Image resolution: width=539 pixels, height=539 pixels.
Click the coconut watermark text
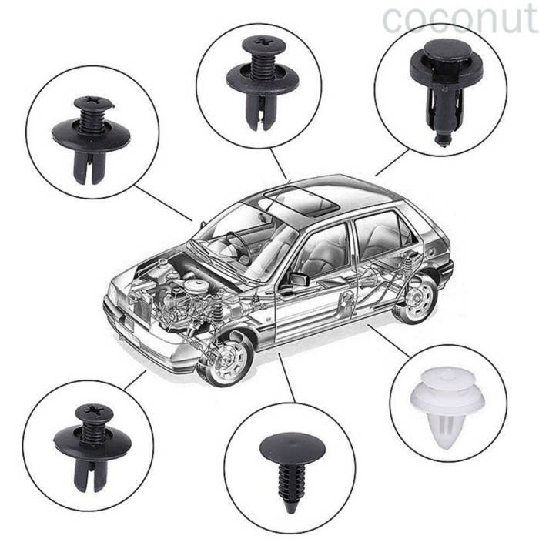tap(459, 19)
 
